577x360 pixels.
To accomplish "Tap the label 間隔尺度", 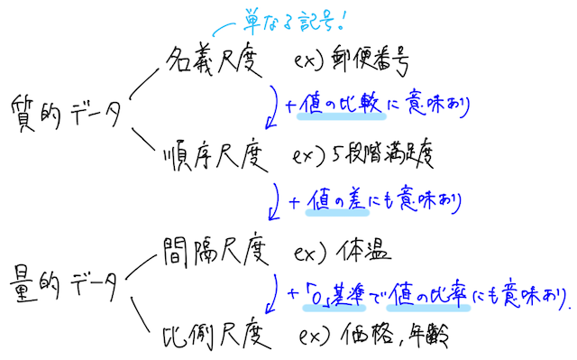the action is [213, 247].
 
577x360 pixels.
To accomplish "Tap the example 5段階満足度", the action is [389, 155].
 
